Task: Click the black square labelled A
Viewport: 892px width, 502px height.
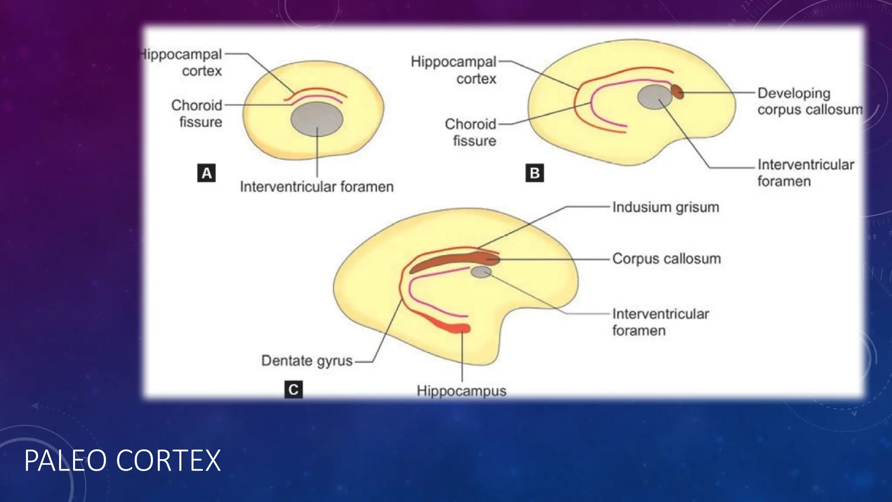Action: tap(206, 173)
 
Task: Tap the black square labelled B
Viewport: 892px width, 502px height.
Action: tap(534, 173)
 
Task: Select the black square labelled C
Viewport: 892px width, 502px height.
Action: tap(294, 389)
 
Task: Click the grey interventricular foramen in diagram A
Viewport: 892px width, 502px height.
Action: tap(317, 119)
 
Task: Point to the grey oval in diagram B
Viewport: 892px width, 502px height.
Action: tap(655, 97)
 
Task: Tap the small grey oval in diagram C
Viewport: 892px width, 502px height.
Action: tap(481, 272)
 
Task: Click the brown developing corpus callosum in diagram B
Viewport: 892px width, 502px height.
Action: tap(676, 92)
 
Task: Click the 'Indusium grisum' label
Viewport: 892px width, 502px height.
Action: tap(666, 207)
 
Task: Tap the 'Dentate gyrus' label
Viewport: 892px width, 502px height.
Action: tap(307, 361)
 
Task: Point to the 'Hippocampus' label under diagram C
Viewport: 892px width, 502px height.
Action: tap(461, 391)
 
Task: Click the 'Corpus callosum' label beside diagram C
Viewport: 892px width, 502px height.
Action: tap(666, 259)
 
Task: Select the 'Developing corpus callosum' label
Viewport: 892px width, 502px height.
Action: tap(809, 101)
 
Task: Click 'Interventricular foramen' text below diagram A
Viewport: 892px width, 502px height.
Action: tap(317, 187)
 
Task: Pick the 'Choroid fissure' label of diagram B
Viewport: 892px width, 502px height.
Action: tap(471, 132)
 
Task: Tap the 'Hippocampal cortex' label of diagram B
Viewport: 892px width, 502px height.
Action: tap(454, 70)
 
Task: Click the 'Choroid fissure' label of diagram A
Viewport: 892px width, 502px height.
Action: tap(197, 113)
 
